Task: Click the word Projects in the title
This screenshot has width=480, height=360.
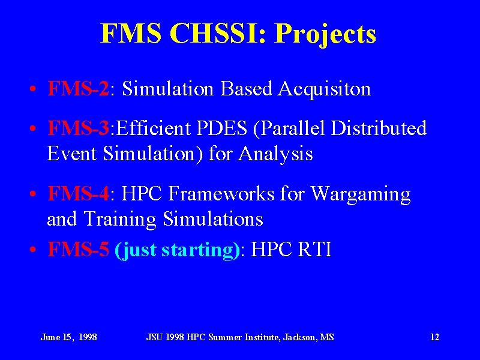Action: click(325, 34)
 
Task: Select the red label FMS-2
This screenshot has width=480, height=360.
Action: click(78, 88)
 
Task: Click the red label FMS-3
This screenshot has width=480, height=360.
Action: click(78, 128)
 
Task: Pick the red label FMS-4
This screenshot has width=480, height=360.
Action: click(78, 193)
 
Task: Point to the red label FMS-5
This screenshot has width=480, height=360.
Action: click(78, 249)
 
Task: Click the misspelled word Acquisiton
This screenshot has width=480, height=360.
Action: click(324, 89)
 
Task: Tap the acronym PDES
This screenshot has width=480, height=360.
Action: click(221, 128)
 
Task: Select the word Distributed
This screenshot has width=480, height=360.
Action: click(379, 128)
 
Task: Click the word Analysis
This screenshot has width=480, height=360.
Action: click(275, 154)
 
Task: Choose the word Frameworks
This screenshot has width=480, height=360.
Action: click(221, 193)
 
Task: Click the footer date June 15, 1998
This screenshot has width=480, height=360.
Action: click(68, 337)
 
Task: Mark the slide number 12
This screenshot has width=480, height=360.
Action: click(434, 337)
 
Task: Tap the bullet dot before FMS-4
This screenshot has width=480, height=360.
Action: click(33, 194)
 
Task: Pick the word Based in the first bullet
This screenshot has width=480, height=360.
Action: click(246, 88)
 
